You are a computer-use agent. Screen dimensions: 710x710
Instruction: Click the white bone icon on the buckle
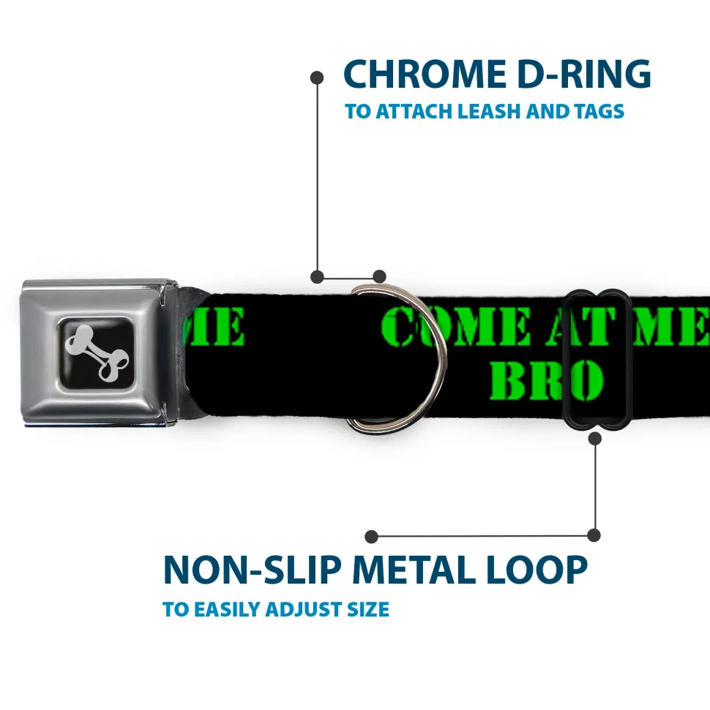97,353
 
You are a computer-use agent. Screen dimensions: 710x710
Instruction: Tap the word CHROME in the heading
425,74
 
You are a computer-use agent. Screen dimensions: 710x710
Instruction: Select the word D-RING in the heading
584,74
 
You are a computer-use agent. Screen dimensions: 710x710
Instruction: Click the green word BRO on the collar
547,380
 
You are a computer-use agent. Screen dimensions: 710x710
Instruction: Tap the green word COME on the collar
455,325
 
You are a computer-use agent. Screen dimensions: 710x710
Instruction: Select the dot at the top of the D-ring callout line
317,78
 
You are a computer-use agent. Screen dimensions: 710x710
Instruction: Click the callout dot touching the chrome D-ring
379,276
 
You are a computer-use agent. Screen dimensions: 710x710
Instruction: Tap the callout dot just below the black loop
594,438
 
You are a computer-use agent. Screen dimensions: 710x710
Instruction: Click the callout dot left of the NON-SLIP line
371,537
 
